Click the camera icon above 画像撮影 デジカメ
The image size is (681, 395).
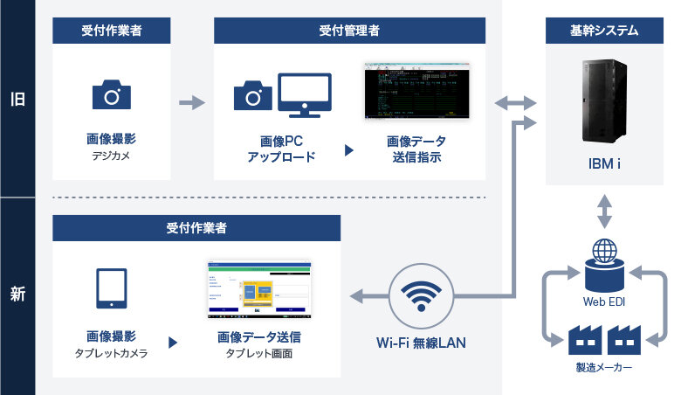pyautogui.click(x=111, y=94)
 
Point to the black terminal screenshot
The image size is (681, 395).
pyautogui.click(x=416, y=92)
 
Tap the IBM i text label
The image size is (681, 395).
pyautogui.click(x=604, y=163)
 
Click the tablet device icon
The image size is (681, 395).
pyautogui.click(x=111, y=288)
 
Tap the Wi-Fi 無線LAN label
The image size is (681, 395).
pyautogui.click(x=422, y=343)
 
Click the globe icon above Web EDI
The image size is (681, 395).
pyautogui.click(x=604, y=251)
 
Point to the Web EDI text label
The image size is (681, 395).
pyautogui.click(x=604, y=302)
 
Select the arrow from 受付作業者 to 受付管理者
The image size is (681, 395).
pyautogui.click(x=191, y=104)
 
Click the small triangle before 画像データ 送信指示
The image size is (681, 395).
pyautogui.click(x=349, y=149)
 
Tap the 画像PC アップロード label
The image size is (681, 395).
pyautogui.click(x=280, y=149)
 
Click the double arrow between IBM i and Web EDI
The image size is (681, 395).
pyautogui.click(x=604, y=211)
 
